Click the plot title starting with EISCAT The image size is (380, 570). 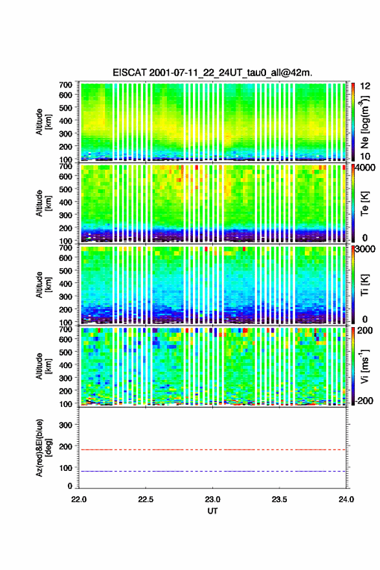[x=212, y=73]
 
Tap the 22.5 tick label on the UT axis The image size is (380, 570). [x=145, y=499]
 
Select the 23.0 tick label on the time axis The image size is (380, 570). [x=212, y=499]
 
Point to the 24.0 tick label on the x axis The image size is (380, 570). [x=346, y=499]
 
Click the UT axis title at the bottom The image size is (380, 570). [x=212, y=511]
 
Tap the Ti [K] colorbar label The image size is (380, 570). [x=364, y=285]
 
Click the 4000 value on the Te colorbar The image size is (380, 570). [x=366, y=168]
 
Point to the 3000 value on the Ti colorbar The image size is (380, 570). [x=366, y=249]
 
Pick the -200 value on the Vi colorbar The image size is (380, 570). [x=364, y=400]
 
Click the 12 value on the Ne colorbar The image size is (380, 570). [x=365, y=86]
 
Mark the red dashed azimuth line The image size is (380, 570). [x=212, y=450]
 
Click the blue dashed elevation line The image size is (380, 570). [x=212, y=471]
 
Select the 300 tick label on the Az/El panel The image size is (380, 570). [x=65, y=425]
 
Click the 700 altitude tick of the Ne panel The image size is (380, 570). [x=65, y=85]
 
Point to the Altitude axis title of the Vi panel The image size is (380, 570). [x=43, y=366]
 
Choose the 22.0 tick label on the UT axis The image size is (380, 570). [x=79, y=499]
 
